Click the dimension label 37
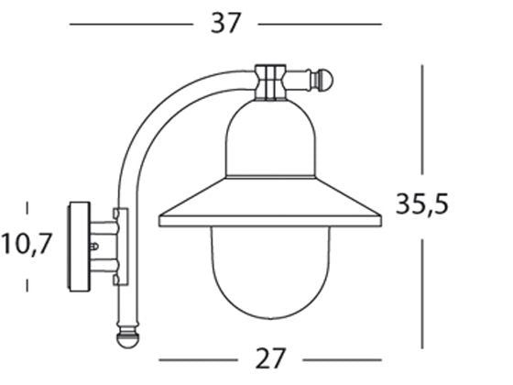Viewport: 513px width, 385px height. pos(224,23)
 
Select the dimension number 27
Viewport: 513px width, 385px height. pos(270,357)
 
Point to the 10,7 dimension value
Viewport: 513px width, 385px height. pos(27,245)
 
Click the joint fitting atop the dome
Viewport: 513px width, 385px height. pos(271,81)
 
